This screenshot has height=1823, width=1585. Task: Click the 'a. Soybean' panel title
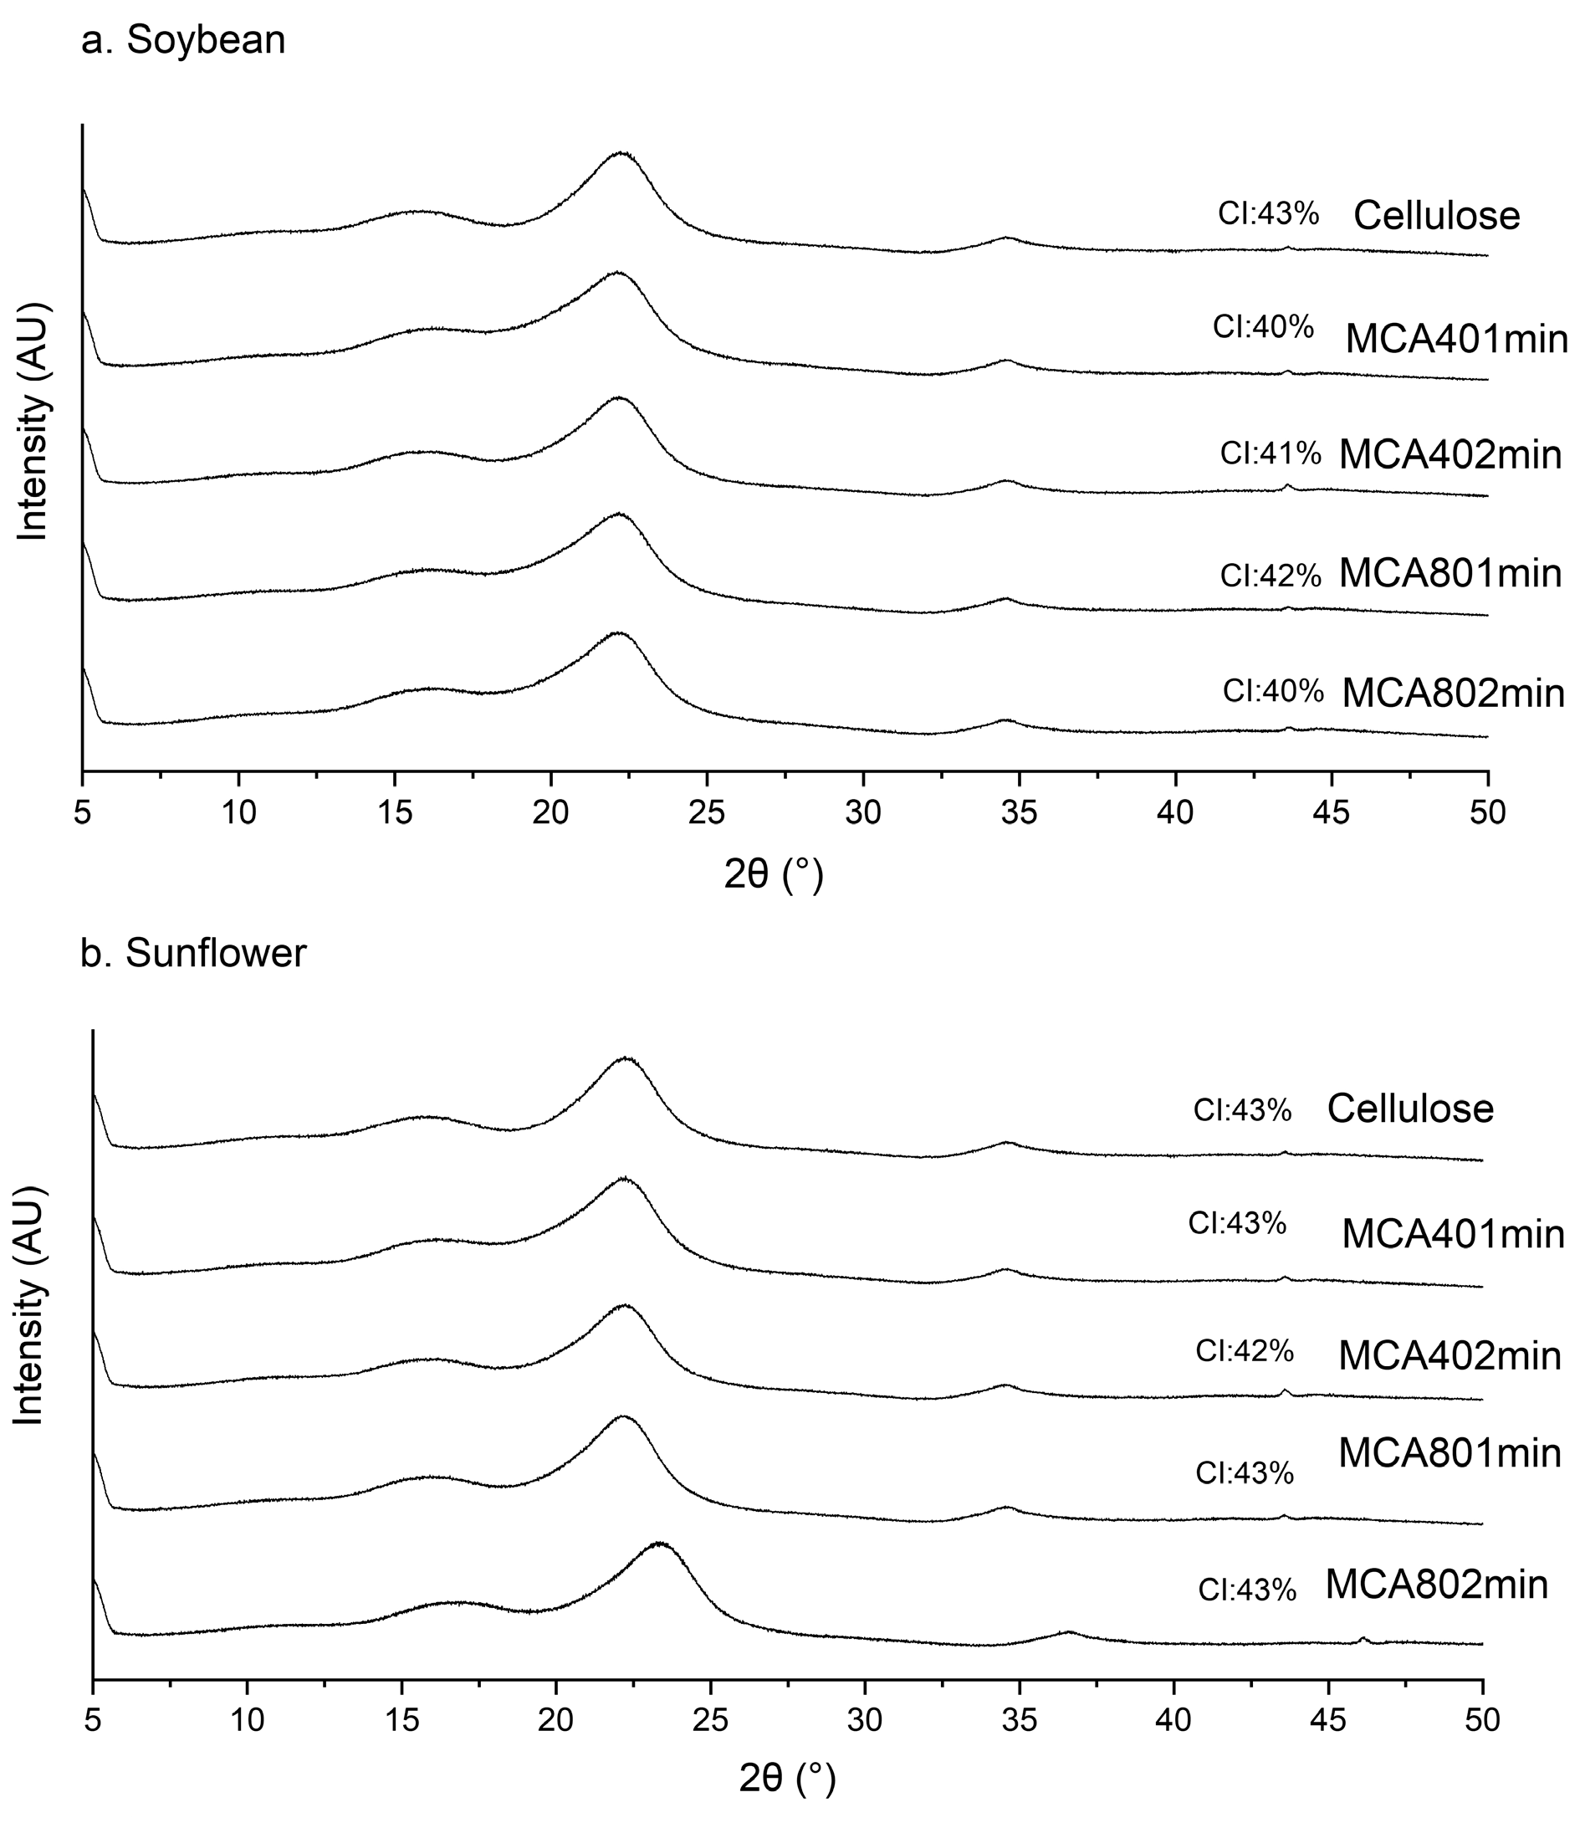tap(183, 41)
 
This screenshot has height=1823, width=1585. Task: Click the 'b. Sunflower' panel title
tap(193, 953)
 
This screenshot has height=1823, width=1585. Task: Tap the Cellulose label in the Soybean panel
tap(1436, 216)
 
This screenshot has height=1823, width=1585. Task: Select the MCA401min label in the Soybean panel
tap(1456, 340)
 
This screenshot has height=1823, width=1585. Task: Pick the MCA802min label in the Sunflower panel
tap(1436, 1585)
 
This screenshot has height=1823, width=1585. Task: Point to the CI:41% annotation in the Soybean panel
tap(1271, 453)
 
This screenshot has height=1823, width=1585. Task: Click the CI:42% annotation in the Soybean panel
tap(1271, 576)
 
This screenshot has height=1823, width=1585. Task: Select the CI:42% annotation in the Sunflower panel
tap(1245, 1350)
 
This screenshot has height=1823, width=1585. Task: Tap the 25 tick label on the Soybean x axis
tap(707, 812)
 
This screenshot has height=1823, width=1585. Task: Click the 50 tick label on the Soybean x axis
tap(1488, 812)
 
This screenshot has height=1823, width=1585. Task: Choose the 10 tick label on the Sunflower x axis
tap(248, 1719)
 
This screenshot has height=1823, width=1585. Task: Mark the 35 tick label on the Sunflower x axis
tap(1020, 1719)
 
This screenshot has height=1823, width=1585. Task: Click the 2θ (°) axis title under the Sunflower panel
tap(787, 1779)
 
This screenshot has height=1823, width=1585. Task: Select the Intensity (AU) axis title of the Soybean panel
tap(33, 422)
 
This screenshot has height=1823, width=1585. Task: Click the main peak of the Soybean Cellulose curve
tap(621, 153)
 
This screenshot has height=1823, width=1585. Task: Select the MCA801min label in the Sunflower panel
tap(1450, 1453)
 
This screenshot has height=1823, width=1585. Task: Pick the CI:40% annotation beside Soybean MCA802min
tap(1273, 692)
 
